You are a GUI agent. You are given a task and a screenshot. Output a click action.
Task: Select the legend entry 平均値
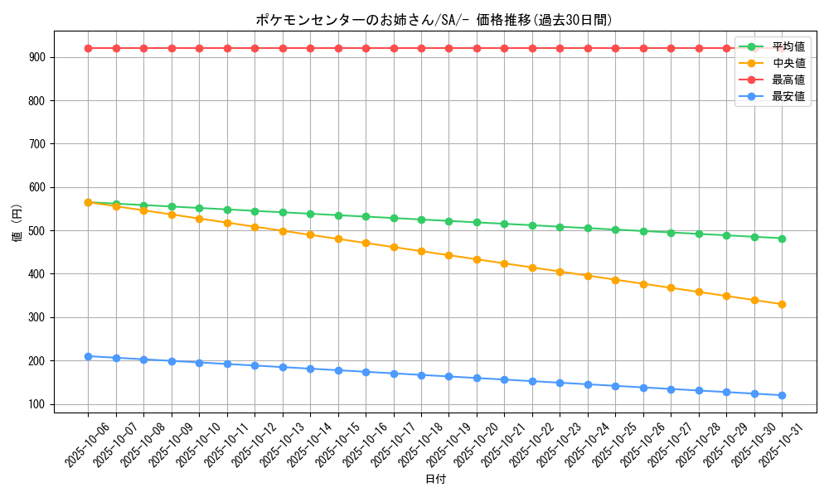click(x=788, y=46)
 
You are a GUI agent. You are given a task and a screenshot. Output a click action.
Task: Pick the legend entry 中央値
click(x=788, y=63)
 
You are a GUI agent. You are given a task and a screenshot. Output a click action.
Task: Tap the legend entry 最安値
click(x=788, y=96)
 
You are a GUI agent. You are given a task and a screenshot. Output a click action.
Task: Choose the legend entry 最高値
click(x=788, y=80)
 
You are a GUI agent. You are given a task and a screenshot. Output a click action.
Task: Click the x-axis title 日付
click(x=435, y=480)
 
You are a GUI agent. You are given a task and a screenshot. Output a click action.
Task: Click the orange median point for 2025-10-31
click(x=782, y=304)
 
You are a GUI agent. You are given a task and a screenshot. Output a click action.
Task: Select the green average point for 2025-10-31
click(x=782, y=239)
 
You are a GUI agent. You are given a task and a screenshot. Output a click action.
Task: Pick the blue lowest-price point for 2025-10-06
click(x=88, y=356)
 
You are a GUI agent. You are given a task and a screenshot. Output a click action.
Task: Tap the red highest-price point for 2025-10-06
click(x=88, y=48)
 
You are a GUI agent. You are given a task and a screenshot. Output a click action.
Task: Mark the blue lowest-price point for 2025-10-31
click(x=782, y=395)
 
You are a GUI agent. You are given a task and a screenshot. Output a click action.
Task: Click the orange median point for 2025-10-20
click(x=477, y=259)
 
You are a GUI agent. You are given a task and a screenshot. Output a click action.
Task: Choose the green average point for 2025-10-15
click(x=338, y=215)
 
